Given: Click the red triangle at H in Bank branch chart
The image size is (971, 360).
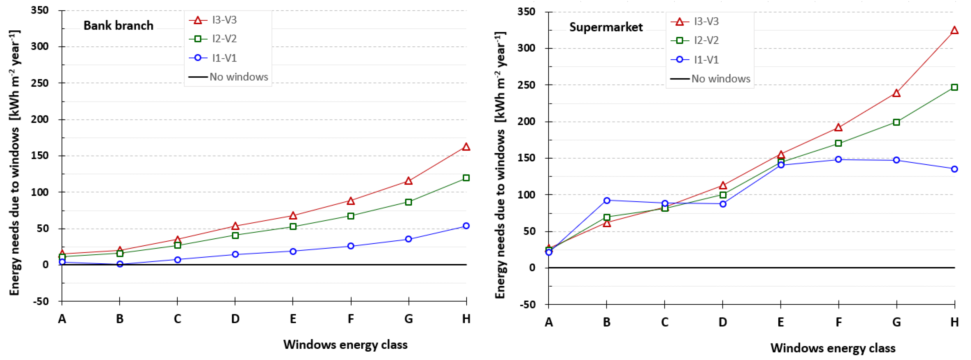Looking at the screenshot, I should coord(466,147).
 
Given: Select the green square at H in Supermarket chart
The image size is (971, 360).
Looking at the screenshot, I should coord(954,87).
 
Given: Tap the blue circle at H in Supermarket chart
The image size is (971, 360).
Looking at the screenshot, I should coord(954,169).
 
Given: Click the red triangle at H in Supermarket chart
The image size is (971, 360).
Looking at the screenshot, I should coord(954,30).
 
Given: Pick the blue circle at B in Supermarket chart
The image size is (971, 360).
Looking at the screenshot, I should coord(606,200).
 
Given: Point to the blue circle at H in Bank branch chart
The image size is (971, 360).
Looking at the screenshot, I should coord(466,226).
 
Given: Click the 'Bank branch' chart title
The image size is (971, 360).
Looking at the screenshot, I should coord(118,26).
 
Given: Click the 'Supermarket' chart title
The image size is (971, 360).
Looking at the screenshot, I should coord(606,27).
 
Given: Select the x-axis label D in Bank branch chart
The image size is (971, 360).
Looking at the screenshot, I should coord(235,319).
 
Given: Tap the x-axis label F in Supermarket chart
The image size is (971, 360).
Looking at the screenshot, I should coord(838,322).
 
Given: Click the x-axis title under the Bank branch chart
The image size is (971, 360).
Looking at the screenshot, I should coord(345,344).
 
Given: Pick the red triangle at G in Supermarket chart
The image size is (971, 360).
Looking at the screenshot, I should coord(896,93).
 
